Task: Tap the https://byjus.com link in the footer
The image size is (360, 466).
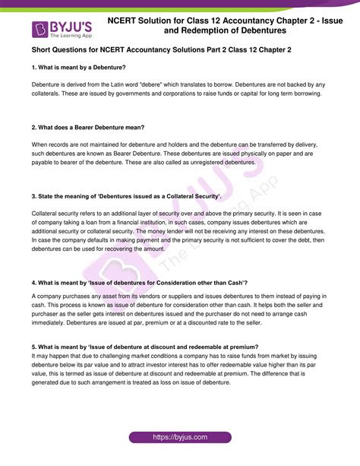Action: click(180, 438)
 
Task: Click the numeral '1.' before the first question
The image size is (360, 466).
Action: click(34, 68)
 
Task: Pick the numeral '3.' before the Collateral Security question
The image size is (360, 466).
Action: click(34, 195)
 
